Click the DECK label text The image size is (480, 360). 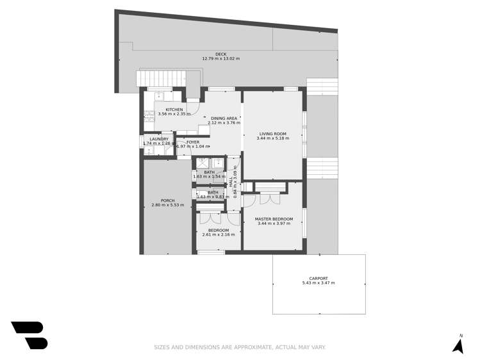point(220,54)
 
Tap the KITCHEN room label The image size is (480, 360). point(174,110)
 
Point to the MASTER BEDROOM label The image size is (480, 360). point(275,219)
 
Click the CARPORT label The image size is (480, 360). point(318,278)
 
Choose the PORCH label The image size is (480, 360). point(168,200)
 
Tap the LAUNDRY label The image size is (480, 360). point(159,139)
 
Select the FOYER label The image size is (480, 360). point(193,142)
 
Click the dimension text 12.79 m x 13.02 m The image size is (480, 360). point(220,59)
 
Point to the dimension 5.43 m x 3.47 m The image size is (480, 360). point(318,283)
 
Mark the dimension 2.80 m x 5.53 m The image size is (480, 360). point(168,206)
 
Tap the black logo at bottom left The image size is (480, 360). point(29,335)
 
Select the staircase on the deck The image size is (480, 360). point(161,79)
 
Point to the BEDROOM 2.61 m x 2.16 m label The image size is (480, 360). point(219,232)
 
